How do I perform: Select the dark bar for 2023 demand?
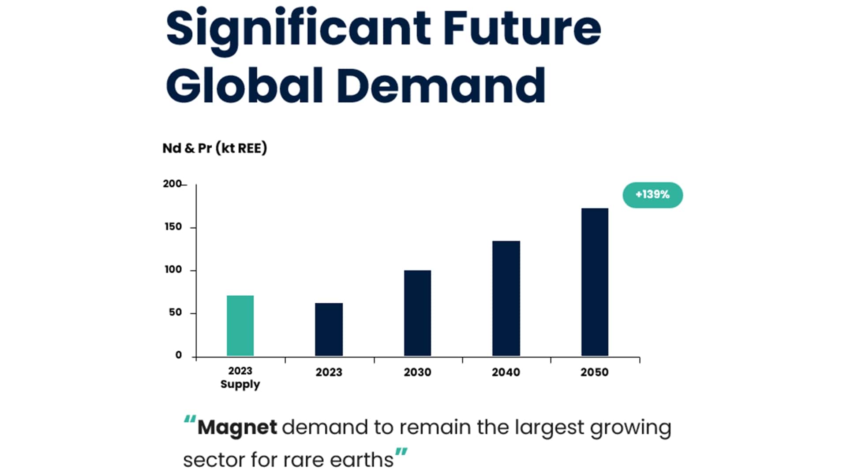[x=329, y=329]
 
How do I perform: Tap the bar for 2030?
[x=417, y=313]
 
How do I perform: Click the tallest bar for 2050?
[x=595, y=282]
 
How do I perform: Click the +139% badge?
[x=652, y=195]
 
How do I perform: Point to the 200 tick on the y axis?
[x=172, y=184]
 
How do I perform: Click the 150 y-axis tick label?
[x=173, y=227]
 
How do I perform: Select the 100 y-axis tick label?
[x=173, y=270]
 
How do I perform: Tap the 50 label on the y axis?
[x=175, y=312]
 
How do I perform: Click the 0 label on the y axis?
[x=178, y=355]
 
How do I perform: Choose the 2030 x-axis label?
[x=417, y=372]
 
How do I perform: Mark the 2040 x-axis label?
[x=506, y=372]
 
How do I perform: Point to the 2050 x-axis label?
[x=594, y=372]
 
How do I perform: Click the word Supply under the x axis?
[x=240, y=384]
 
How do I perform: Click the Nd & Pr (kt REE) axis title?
[x=215, y=148]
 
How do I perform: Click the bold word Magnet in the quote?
[x=237, y=428]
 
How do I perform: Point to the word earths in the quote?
[x=361, y=460]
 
